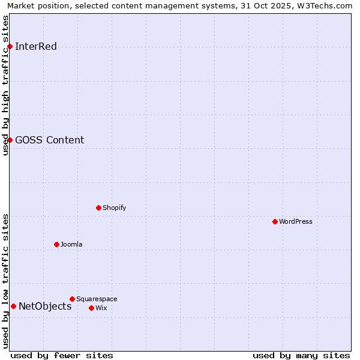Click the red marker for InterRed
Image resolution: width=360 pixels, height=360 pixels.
(10, 47)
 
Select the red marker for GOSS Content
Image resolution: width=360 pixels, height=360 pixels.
(10, 140)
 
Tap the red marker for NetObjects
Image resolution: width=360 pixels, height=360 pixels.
(13, 306)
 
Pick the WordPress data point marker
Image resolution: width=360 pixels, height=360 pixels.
(275, 221)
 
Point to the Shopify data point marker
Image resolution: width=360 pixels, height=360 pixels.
(98, 208)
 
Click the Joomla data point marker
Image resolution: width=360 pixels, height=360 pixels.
(56, 244)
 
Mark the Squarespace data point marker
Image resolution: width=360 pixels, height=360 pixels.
(72, 299)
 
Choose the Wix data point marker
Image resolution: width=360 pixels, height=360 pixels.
(91, 308)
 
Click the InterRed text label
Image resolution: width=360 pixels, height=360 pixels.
(36, 47)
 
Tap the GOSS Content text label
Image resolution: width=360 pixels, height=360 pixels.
(49, 140)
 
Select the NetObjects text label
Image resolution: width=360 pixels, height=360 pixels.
(45, 307)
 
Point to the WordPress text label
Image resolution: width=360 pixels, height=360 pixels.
(296, 221)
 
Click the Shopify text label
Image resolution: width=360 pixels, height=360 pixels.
(114, 208)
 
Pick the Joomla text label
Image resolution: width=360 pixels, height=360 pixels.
(71, 244)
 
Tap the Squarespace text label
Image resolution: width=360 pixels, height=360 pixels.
(97, 299)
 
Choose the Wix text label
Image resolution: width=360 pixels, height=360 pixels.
(101, 308)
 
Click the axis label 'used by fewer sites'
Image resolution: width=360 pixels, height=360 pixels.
(62, 355)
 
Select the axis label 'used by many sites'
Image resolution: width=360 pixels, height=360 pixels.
(301, 355)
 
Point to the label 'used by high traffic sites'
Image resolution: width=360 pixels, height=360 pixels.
(6, 85)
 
